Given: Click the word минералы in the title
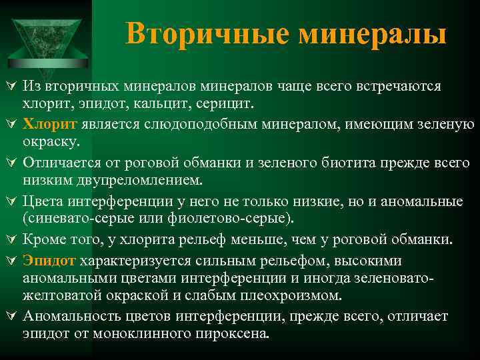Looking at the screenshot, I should click(x=373, y=33).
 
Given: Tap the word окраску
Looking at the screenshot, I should click(x=51, y=143).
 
